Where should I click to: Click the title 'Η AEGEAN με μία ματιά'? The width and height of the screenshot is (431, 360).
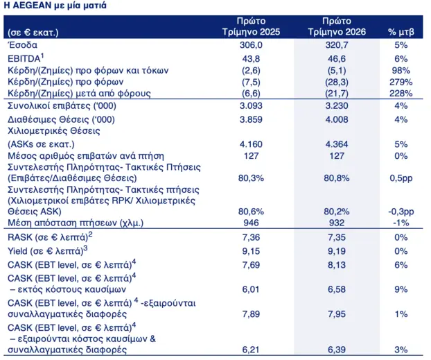55,6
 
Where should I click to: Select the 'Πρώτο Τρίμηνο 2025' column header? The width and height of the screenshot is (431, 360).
251,26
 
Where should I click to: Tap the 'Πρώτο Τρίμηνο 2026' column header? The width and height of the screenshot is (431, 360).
337,26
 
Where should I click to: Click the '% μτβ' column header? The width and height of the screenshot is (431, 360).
401,32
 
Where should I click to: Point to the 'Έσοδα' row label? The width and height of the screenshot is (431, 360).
22,45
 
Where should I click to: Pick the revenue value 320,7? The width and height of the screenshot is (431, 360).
337,45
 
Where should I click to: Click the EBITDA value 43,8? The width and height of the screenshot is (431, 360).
251,59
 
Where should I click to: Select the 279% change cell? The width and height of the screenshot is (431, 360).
401,82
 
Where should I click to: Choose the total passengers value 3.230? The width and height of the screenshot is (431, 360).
337,105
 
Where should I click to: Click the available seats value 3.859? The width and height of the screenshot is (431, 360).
251,119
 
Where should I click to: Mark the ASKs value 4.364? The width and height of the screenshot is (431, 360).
337,144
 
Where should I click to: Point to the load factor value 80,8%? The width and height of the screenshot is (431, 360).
337,178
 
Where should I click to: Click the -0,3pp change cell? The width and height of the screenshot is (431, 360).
401,212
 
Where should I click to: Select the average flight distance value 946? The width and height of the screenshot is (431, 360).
251,223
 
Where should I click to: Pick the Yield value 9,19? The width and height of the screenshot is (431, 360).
337,251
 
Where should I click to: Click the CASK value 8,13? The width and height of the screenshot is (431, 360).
337,265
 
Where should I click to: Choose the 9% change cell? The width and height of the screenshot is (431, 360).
401,289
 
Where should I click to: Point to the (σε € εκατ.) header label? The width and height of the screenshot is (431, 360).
33,33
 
